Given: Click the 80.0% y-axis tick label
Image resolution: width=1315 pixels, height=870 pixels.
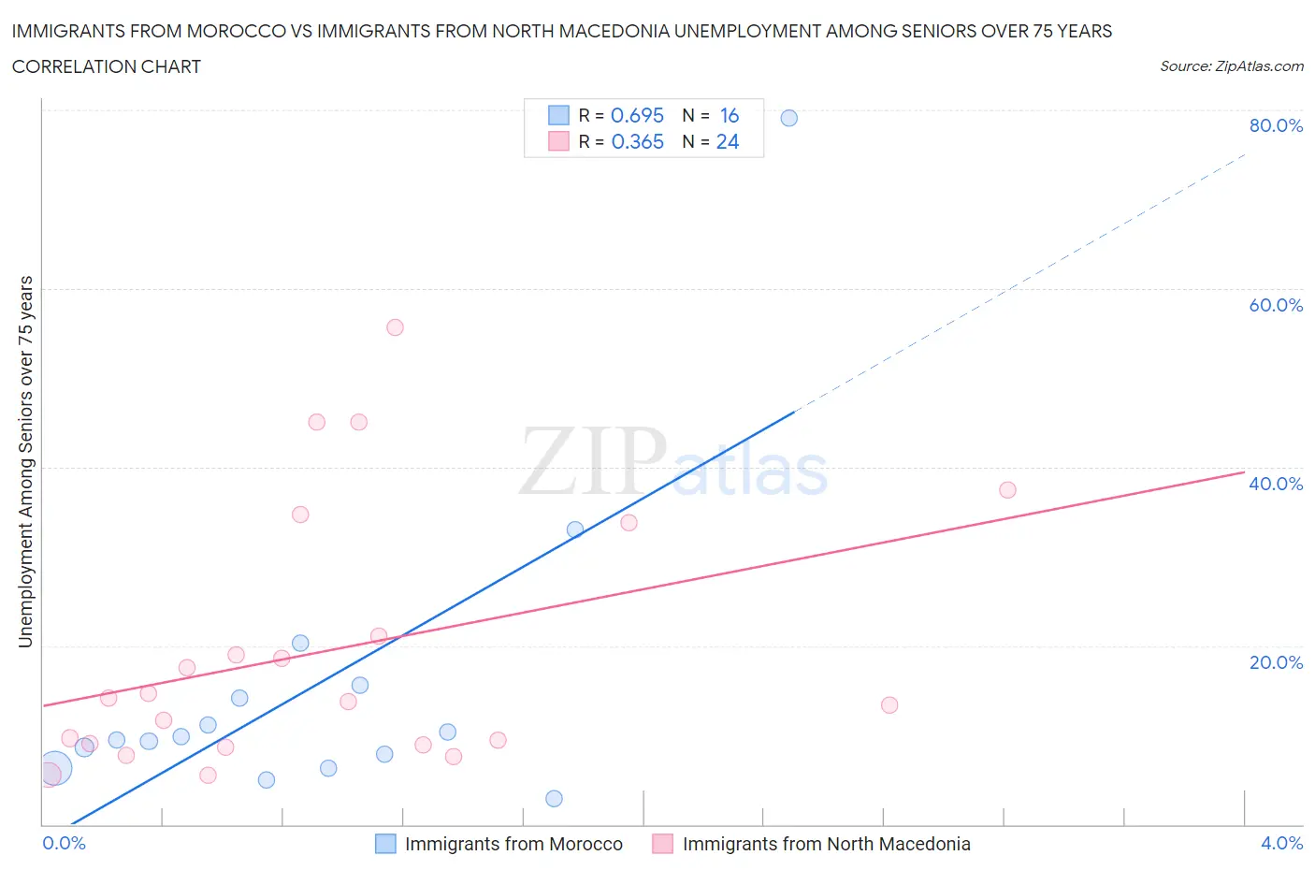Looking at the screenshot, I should pos(1276,125).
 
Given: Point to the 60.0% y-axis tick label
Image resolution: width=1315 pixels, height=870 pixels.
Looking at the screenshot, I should pos(1276,305).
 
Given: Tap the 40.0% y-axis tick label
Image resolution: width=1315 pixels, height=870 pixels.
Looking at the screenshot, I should pos(1276,484).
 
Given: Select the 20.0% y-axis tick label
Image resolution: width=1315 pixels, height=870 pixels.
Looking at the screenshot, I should pos(1276,662).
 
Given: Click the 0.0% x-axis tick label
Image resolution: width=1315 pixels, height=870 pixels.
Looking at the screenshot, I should pos(64,843).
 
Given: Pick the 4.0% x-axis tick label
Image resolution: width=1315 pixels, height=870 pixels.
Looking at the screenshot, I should pos(1281,843).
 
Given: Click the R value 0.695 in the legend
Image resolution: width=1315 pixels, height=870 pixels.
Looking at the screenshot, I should pos(637,115).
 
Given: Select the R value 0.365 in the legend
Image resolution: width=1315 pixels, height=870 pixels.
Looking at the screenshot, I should pos(637,141).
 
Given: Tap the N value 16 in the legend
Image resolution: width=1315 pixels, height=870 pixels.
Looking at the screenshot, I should pos(730,115).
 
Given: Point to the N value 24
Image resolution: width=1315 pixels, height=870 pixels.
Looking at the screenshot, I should pos(728,141).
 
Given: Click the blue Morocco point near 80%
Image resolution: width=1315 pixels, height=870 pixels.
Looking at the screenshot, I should pos(789,118).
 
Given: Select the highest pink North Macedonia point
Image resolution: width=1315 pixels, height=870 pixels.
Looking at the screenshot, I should pos(395,327).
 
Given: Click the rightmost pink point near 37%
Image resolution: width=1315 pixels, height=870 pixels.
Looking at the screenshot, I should pos(1007,490).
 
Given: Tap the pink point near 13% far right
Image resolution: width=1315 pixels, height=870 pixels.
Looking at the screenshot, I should pos(889,705).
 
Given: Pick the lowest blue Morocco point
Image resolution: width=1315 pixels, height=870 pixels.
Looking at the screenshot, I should pos(554,799).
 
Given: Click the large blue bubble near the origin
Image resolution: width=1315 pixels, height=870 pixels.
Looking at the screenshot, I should pos(55,770).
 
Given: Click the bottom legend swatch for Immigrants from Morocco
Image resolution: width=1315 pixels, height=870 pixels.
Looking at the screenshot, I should pos(385,844).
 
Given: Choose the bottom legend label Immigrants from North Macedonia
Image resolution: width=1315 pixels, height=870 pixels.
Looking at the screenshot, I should pos(826,844).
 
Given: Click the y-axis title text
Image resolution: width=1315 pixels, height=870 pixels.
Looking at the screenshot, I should pos(25,461).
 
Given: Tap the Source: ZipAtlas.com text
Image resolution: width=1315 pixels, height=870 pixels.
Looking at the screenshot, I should pos(1231,66).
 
